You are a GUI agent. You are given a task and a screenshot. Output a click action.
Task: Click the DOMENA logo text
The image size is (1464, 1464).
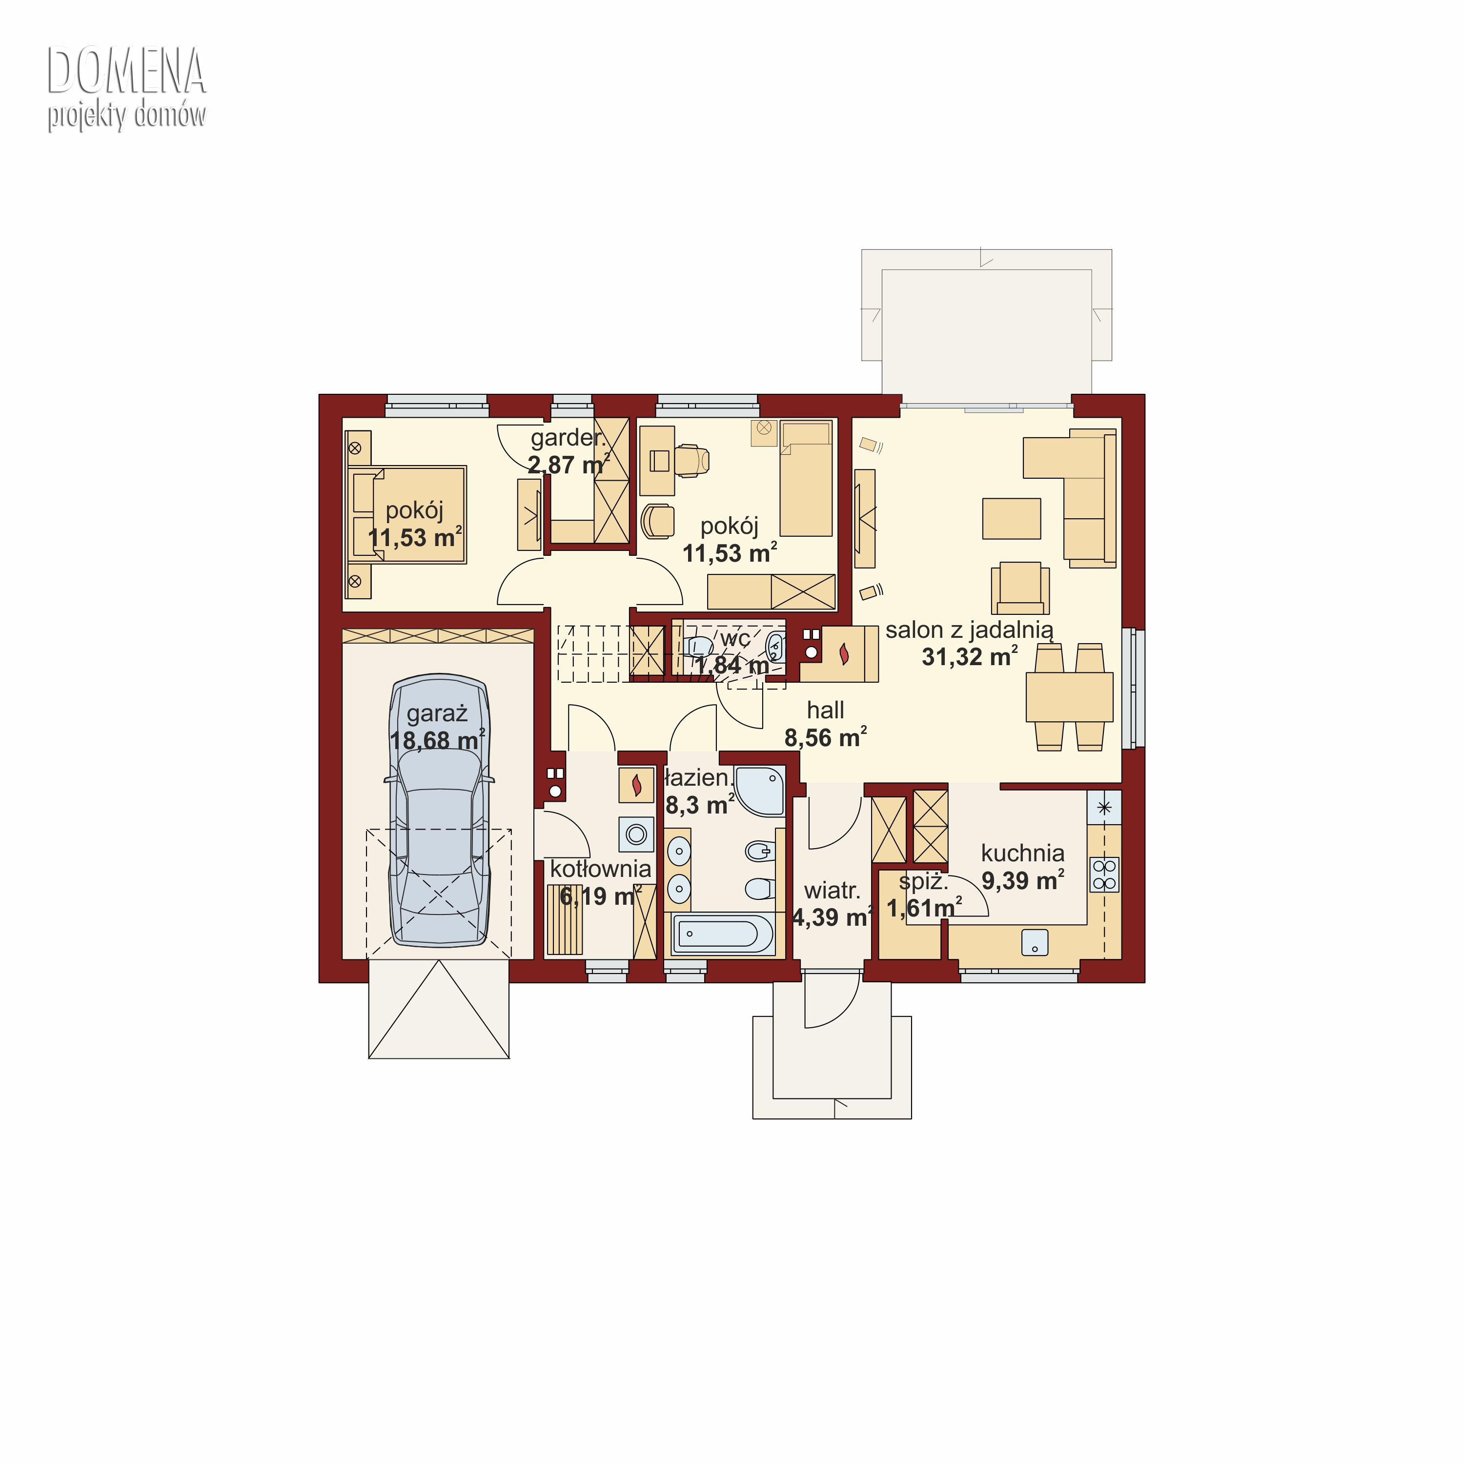126,71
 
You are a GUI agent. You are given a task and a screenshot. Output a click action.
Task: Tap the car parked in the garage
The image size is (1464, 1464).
440,810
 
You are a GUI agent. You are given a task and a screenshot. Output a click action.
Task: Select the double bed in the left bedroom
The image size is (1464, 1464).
407,514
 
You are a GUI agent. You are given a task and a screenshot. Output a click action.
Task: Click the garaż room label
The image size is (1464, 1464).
437,714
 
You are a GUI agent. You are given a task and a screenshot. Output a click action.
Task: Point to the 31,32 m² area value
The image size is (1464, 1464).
969,656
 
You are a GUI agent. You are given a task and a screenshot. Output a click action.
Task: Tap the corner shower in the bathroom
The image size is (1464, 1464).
760,791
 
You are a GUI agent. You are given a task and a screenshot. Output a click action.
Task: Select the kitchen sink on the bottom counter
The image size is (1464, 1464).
1035,942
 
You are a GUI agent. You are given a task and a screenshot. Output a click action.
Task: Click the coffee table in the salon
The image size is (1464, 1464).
1012,518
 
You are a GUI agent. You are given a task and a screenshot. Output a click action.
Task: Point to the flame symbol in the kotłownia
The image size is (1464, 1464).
636,785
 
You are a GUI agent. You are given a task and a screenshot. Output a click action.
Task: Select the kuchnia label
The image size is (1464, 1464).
1022,853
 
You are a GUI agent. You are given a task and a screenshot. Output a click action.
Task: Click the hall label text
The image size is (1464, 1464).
825,710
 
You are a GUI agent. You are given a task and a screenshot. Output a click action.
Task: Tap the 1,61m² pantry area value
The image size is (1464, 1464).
924,908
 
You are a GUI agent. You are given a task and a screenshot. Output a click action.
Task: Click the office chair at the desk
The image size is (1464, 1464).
692,461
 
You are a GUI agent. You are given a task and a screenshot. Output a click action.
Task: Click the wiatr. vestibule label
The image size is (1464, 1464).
832,891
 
